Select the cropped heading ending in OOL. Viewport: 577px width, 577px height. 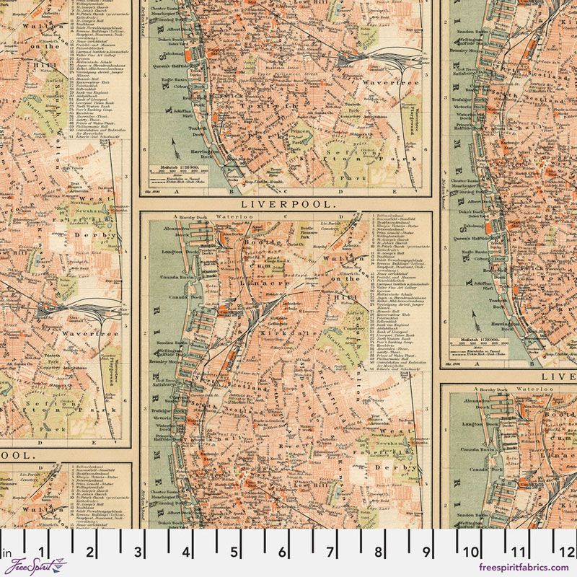(18, 456)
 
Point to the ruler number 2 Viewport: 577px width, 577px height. (90, 553)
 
